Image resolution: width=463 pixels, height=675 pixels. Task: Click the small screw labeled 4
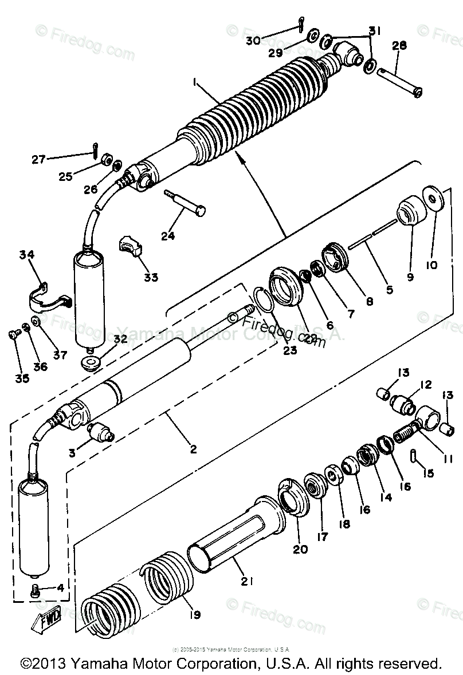(37, 588)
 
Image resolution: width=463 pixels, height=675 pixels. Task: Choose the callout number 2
(194, 449)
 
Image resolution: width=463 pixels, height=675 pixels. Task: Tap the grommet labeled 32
(91, 363)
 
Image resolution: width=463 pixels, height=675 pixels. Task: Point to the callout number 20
(300, 549)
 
